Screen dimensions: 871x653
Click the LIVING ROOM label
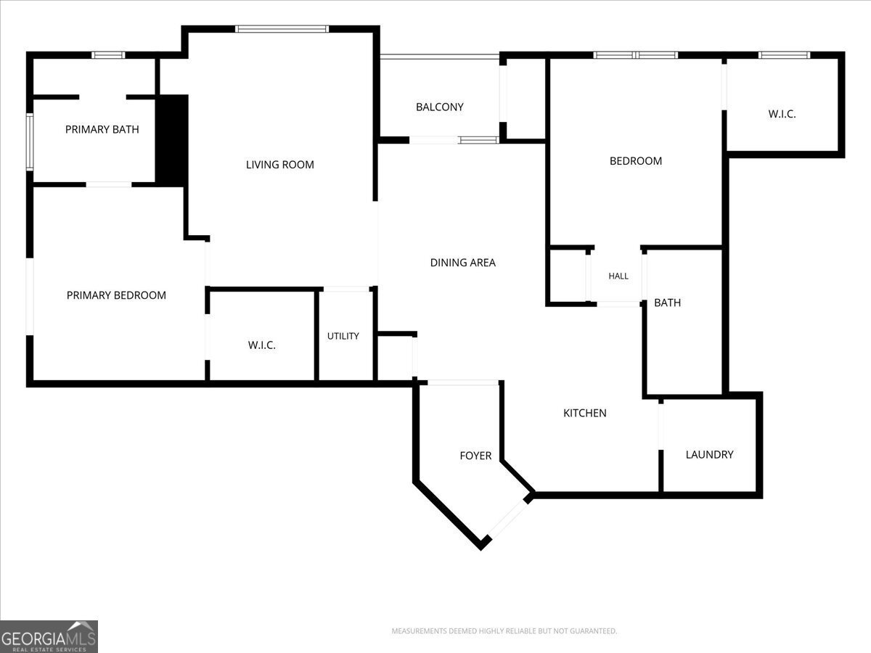(279, 165)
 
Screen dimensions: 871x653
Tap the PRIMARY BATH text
(102, 129)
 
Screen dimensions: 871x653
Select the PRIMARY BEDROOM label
(116, 295)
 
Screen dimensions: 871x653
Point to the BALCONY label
(440, 107)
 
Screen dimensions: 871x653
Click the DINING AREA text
(462, 263)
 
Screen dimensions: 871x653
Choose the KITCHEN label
(585, 413)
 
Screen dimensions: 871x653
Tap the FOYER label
(475, 456)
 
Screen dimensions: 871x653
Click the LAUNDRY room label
(709, 454)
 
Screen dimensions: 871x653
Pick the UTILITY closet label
(343, 336)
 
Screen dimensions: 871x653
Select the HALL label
(618, 276)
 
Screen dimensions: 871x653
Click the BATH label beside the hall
(668, 303)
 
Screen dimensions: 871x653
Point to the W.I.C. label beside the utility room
(262, 345)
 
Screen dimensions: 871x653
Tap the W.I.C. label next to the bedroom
(782, 114)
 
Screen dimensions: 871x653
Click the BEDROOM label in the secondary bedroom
(636, 161)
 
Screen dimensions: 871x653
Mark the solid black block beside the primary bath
(172, 140)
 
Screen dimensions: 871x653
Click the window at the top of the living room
(282, 29)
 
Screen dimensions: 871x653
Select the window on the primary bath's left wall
(30, 142)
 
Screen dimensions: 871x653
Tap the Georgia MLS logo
(49, 636)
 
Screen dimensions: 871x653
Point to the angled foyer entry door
(508, 518)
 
